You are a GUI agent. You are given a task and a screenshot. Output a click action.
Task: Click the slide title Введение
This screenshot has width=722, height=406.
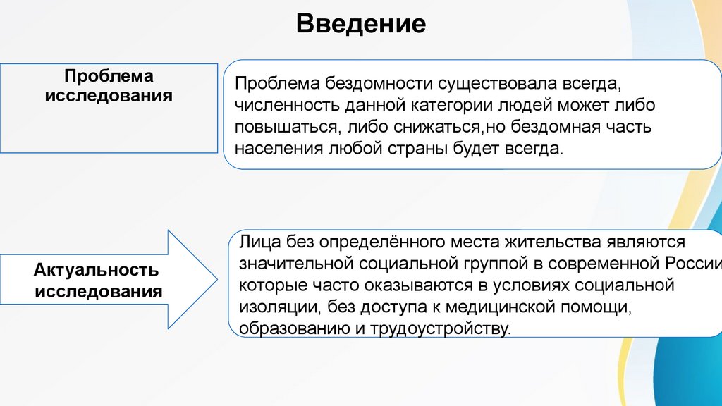tap(361, 24)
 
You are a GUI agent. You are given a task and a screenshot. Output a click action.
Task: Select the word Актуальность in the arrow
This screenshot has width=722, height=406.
tap(95, 270)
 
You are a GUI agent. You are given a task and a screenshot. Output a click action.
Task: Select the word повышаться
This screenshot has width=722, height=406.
tap(285, 128)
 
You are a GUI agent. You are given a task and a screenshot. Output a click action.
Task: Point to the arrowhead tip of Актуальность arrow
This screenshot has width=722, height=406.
tap(217, 279)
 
